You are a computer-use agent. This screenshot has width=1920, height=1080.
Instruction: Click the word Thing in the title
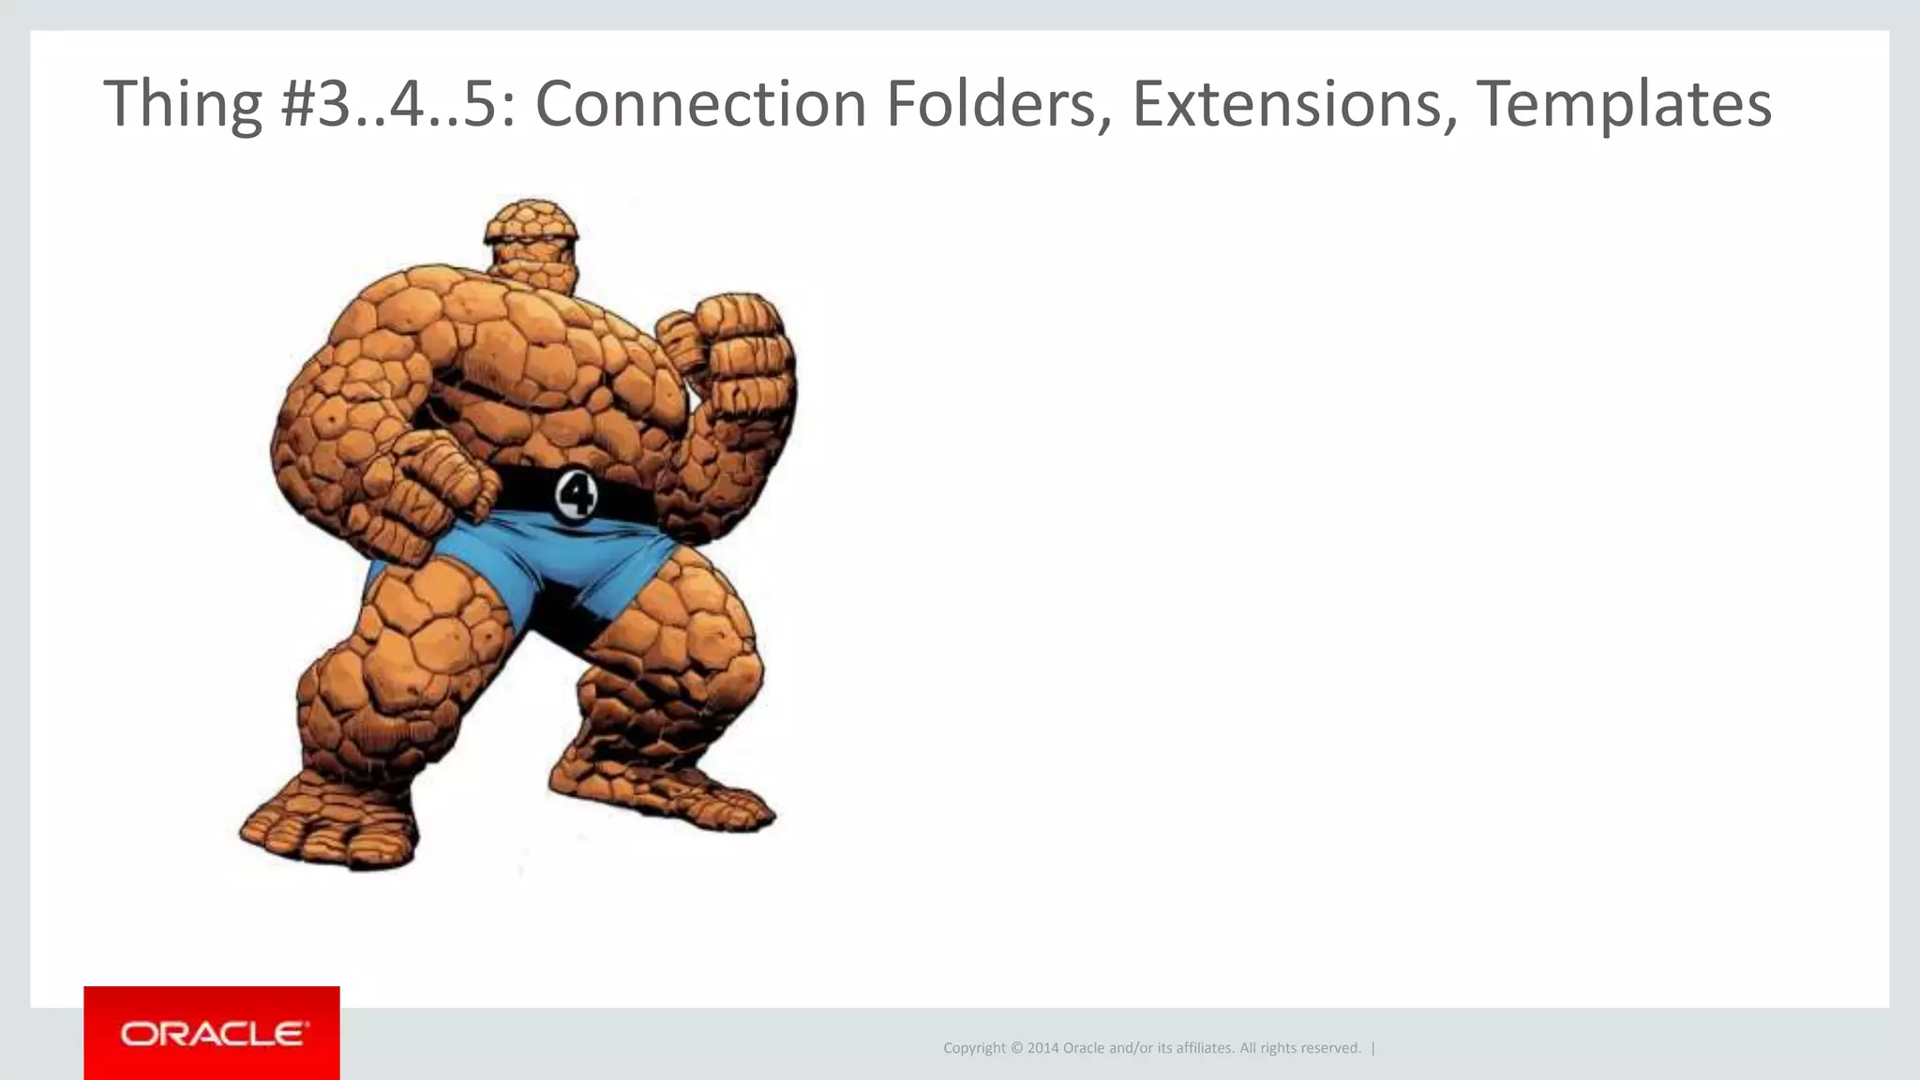[183, 104]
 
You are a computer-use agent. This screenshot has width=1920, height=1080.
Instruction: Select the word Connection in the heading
[700, 104]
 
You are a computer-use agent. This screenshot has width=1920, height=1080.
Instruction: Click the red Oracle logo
[212, 1033]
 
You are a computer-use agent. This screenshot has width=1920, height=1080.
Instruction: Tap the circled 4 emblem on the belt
[575, 494]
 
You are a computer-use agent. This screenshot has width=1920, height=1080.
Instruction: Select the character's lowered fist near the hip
[441, 487]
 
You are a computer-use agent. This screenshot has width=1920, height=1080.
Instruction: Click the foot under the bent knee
[328, 825]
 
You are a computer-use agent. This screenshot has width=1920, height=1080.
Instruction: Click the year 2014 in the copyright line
[1042, 1048]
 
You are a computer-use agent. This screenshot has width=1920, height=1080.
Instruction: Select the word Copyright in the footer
[974, 1048]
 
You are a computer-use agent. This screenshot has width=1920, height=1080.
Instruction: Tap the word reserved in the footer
[1332, 1048]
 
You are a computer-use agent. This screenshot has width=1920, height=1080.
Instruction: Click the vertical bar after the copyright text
[1373, 1048]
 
